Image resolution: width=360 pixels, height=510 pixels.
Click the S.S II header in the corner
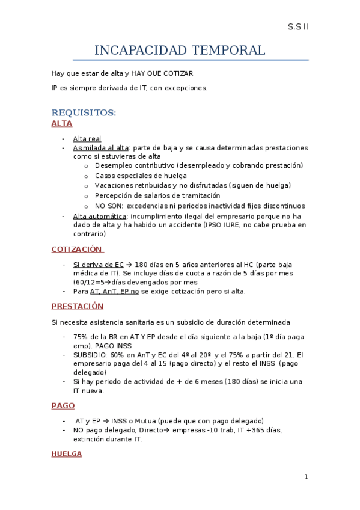297,27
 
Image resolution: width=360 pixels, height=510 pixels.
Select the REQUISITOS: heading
84,112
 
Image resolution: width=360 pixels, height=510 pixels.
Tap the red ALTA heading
62,123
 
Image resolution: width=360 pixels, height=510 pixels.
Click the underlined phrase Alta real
87,139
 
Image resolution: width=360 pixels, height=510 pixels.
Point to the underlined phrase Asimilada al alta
100,147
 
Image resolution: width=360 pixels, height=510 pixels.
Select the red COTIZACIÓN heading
77,249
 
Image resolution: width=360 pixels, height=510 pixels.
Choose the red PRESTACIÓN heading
78,306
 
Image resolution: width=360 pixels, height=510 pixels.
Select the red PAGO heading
63,406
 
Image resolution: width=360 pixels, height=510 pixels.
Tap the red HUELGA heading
67,453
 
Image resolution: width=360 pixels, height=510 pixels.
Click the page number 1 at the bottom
306,477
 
